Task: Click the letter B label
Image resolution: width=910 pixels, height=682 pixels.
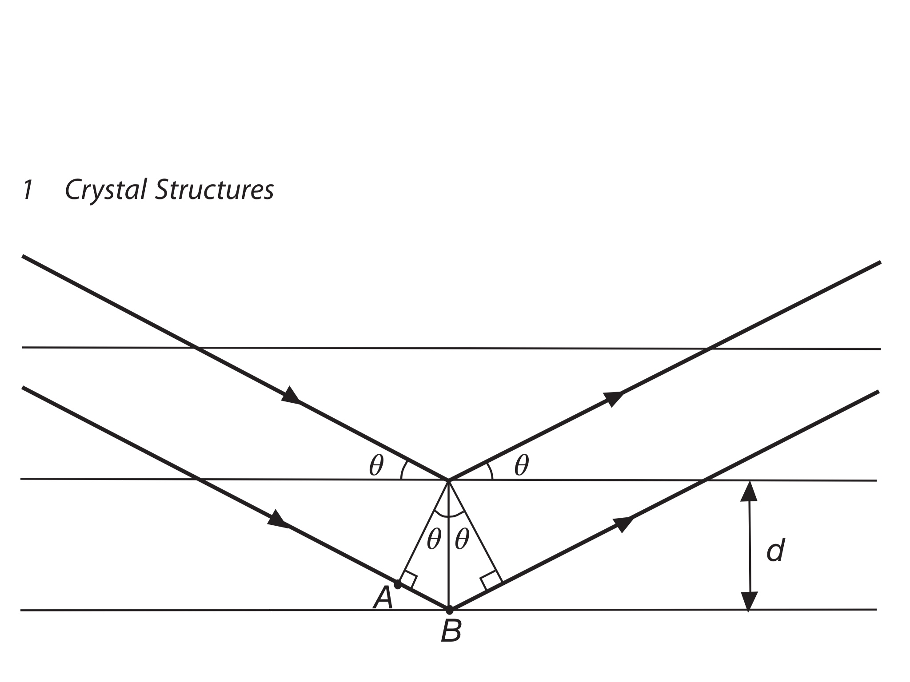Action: pyautogui.click(x=451, y=631)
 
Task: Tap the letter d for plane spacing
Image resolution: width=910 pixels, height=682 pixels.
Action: pyautogui.click(x=776, y=551)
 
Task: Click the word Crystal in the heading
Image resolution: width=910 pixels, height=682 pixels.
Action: pyautogui.click(x=105, y=190)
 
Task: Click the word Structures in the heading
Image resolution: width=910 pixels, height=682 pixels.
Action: pyautogui.click(x=215, y=190)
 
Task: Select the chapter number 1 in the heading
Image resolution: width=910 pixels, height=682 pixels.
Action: pyautogui.click(x=28, y=190)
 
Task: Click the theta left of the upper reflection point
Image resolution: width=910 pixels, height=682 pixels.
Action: pyautogui.click(x=376, y=466)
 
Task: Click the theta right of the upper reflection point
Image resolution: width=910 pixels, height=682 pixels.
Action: pyautogui.click(x=522, y=466)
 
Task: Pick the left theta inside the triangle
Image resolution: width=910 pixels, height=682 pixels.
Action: pyautogui.click(x=434, y=540)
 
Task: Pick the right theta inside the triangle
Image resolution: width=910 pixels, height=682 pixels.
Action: pyautogui.click(x=462, y=540)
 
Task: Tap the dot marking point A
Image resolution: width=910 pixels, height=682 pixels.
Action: pyautogui.click(x=398, y=585)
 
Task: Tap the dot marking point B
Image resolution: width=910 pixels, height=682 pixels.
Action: pyautogui.click(x=449, y=610)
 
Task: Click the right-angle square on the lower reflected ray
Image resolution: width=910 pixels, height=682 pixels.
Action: pyautogui.click(x=490, y=581)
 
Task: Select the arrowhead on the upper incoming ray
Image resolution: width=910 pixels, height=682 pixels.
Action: pyautogui.click(x=291, y=395)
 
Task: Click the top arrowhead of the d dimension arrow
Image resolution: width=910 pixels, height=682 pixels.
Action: pyautogui.click(x=749, y=491)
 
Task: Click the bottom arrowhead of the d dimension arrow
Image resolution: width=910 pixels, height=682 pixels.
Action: pyautogui.click(x=749, y=601)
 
